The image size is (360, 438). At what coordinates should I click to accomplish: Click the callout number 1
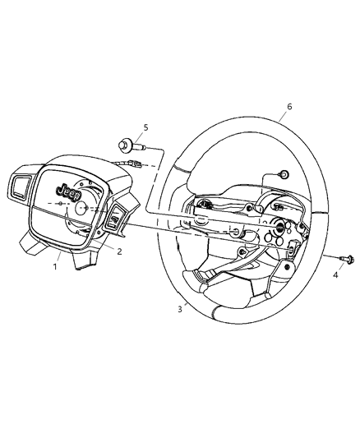56,266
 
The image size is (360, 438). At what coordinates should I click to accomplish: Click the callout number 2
119,251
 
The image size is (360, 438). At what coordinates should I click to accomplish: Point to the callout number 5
146,127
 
